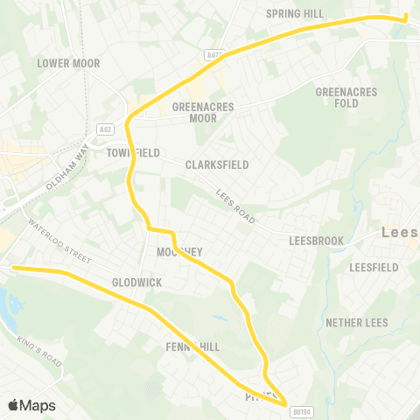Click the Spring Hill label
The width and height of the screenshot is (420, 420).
(294, 14)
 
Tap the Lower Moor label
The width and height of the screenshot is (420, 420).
(68, 64)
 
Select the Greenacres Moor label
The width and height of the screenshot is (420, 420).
(194, 112)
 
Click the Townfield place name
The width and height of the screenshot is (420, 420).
(133, 153)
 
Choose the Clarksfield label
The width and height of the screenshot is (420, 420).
(217, 164)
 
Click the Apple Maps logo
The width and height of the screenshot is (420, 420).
(31, 405)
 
